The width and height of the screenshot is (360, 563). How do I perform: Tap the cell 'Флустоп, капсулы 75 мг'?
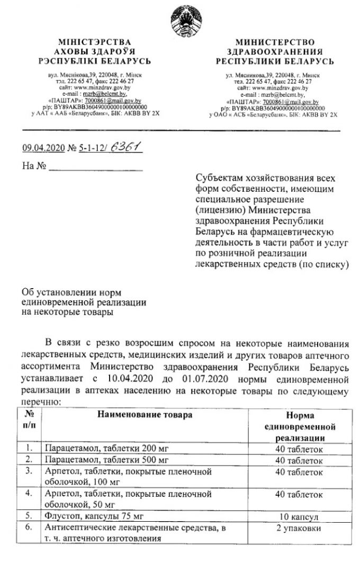coord(94,515)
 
